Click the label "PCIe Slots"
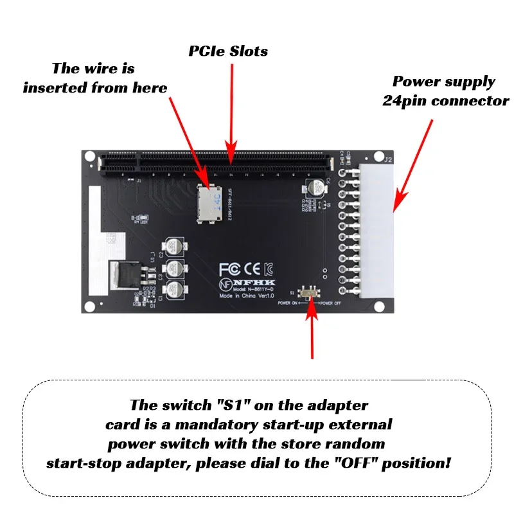pyautogui.click(x=228, y=51)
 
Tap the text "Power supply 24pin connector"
pyautogui.click(x=445, y=91)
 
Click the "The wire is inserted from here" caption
pyautogui.click(x=95, y=78)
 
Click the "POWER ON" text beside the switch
pyautogui.click(x=288, y=302)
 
